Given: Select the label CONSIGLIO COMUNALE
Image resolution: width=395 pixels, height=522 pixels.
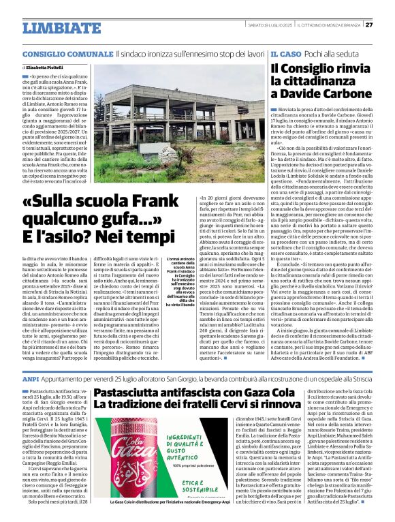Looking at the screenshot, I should point(67,53).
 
